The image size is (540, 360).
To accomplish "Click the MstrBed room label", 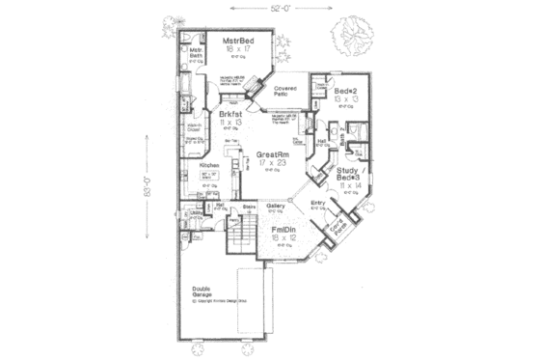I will click(238, 42).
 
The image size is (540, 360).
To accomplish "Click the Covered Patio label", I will click(294, 91).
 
